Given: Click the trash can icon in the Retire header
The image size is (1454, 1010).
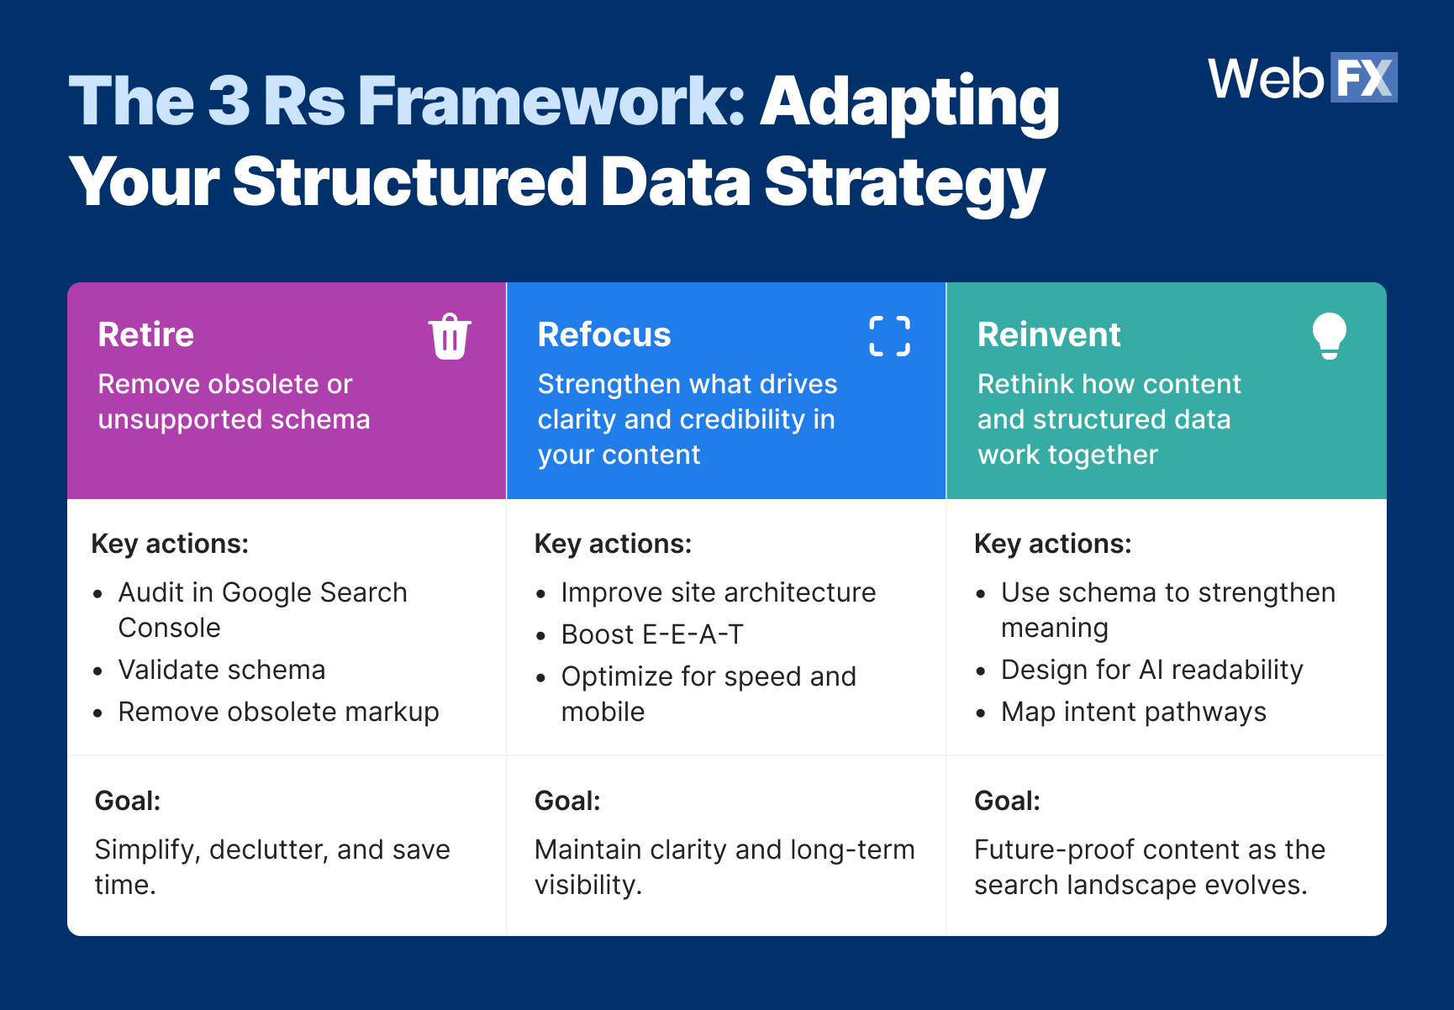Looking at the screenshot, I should coord(450,337).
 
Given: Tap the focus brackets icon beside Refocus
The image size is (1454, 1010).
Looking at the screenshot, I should coord(889,337).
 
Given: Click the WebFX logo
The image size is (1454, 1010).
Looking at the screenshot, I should coord(1302,78).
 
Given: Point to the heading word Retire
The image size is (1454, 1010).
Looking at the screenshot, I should coord(145,334).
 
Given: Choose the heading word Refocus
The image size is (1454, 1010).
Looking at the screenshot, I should coord(603,334).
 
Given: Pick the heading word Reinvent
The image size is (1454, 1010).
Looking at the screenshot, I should coord(1048,334).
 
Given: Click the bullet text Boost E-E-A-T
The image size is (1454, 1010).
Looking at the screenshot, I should coord(652,634).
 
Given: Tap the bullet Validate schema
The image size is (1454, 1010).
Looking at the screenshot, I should coord(221,670).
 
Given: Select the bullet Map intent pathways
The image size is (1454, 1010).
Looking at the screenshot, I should coord(1133,712).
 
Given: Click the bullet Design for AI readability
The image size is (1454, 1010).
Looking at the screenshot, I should coord(1151,670).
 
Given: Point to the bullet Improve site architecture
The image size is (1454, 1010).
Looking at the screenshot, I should coord(718,592).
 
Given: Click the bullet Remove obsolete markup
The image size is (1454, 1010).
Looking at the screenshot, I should coord(278,712).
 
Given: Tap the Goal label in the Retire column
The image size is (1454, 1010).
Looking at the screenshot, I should coord(128,801).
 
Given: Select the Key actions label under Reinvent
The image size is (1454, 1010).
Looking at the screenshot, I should coord(1052,544).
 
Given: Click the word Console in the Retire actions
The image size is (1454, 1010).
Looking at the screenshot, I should coord(169,628).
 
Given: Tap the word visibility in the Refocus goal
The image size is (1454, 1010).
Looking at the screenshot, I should coord(587,885).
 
